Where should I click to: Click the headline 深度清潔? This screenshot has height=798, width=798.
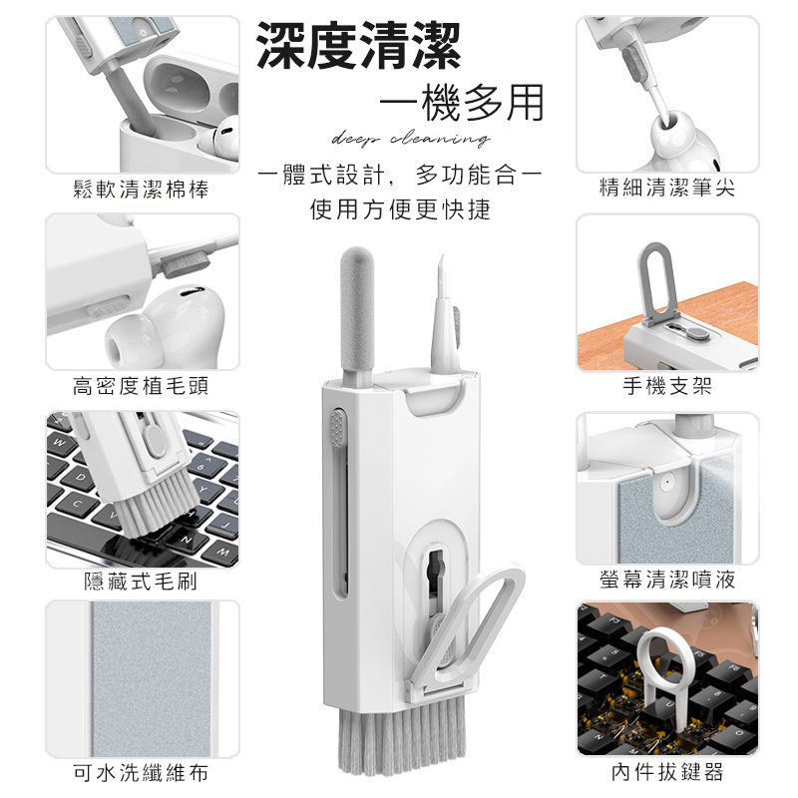(x=358, y=45)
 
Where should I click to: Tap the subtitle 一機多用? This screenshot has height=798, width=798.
(x=462, y=104)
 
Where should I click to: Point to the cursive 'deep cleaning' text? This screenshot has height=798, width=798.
(x=411, y=139)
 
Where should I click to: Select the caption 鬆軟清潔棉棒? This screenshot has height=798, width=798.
(x=141, y=190)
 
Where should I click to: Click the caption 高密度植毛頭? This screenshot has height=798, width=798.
(x=141, y=386)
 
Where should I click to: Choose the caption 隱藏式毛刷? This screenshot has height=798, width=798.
(x=141, y=582)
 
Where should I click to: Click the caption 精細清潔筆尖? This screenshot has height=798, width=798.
(x=667, y=188)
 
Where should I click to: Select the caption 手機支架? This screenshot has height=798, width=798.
(x=667, y=386)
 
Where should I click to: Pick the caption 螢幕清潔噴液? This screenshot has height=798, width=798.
(x=667, y=580)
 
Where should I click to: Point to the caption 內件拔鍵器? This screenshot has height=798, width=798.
(x=667, y=772)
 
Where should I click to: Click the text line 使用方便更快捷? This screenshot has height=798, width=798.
(x=400, y=209)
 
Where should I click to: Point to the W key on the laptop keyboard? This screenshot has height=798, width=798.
(x=60, y=442)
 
